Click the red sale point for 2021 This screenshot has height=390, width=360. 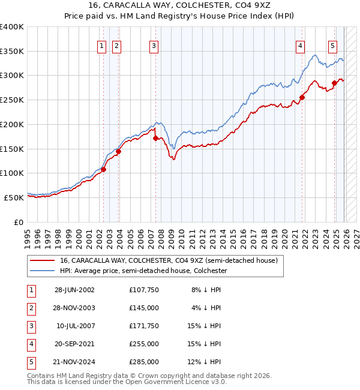tap(302, 97)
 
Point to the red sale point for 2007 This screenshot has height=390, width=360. tap(156, 138)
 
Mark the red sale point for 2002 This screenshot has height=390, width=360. tap(103, 169)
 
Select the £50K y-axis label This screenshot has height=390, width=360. tap(13, 197)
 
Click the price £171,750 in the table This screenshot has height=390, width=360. tap(143, 326)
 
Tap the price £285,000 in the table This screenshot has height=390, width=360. tap(143, 362)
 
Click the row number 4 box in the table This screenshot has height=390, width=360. tap(30, 344)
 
